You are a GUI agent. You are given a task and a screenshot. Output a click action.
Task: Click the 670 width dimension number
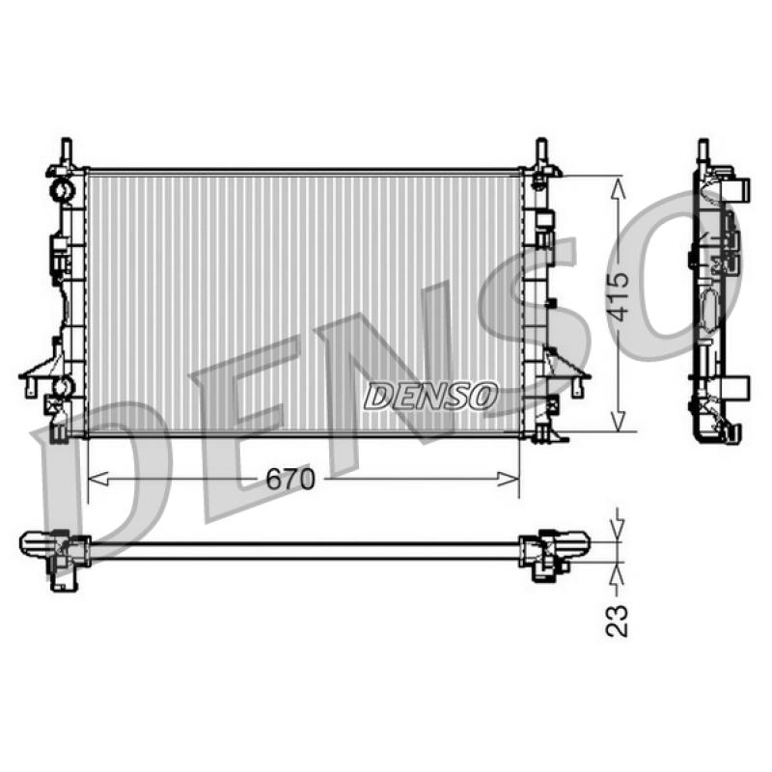click(290, 479)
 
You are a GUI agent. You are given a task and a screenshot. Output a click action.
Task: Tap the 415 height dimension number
click(618, 296)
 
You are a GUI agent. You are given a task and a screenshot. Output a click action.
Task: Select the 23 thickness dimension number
click(617, 620)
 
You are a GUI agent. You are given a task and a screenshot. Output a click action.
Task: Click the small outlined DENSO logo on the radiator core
click(430, 396)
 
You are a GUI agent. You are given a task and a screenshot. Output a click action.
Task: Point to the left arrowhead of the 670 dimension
click(97, 478)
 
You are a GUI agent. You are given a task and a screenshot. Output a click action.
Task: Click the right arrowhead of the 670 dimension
click(510, 478)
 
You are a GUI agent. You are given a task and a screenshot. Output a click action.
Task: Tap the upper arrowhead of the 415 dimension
click(618, 188)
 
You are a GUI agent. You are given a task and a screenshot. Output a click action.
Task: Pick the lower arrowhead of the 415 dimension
click(618, 420)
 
